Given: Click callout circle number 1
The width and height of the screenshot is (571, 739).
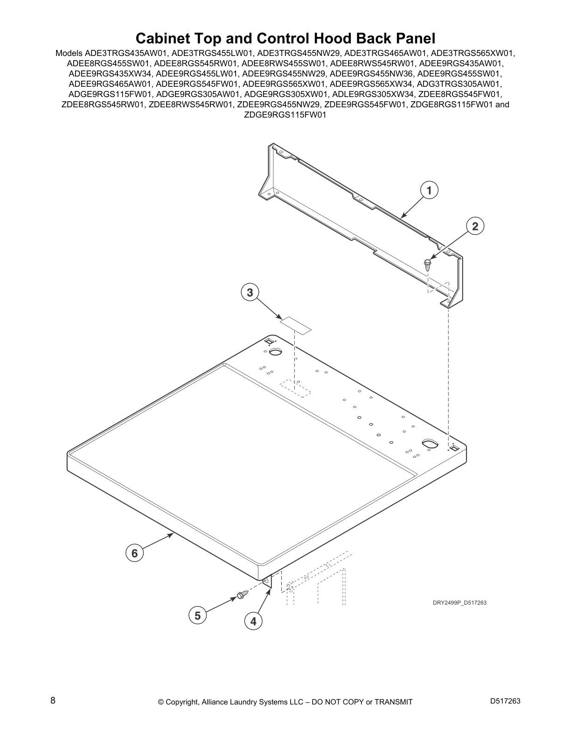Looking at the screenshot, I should [x=429, y=190].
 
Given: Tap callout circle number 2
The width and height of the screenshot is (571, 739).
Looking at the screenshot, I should [x=475, y=227].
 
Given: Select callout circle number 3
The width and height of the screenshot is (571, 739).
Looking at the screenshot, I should [x=250, y=293].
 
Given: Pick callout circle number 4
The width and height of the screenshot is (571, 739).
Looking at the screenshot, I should [x=253, y=621].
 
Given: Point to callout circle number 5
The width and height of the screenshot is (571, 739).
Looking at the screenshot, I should [x=198, y=616].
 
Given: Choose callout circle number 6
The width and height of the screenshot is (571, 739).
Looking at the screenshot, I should [x=134, y=553].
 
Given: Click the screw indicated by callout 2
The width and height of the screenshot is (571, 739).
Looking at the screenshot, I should [x=427, y=265].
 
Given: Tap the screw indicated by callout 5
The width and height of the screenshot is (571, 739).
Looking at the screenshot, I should [x=241, y=595].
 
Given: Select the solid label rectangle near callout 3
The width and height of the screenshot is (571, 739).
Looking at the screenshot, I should [x=295, y=325].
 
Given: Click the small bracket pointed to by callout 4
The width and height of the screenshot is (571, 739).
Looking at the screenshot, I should [x=267, y=581].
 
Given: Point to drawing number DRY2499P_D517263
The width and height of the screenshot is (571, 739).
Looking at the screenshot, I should [x=460, y=603].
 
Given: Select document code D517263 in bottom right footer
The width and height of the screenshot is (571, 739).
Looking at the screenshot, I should [x=505, y=701].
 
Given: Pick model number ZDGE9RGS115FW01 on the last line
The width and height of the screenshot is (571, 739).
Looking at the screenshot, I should [x=285, y=115].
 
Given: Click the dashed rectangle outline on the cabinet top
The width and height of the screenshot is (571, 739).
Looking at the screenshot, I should [x=295, y=388].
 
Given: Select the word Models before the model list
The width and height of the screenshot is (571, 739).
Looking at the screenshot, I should [x=69, y=53].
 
